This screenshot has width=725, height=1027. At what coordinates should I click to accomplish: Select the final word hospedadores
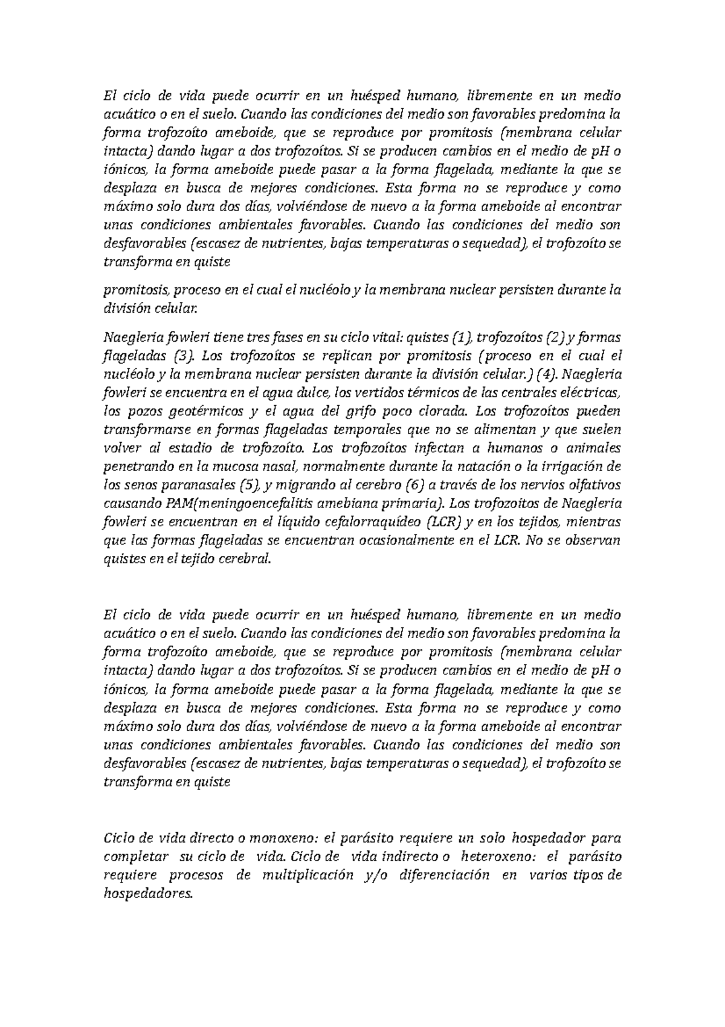click(x=147, y=895)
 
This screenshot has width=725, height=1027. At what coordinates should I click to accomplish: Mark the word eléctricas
click(x=590, y=393)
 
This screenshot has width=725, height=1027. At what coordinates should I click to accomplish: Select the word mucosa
click(x=240, y=467)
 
